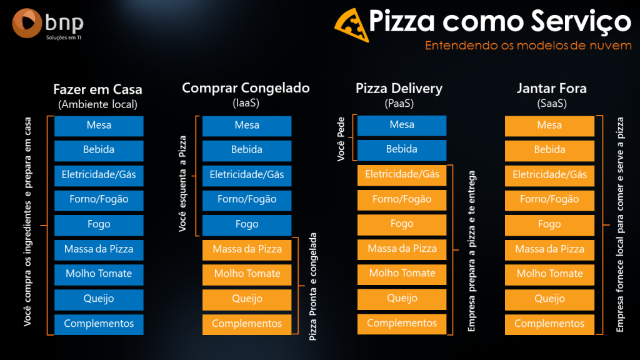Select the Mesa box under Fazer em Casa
click(99, 126)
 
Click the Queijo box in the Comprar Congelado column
click(247, 299)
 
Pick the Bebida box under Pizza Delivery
click(402, 150)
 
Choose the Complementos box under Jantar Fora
click(549, 324)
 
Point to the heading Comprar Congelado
click(246, 88)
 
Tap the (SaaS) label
click(552, 104)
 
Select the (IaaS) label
click(246, 104)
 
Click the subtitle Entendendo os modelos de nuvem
click(528, 46)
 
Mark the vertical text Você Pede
click(341, 137)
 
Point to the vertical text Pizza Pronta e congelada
click(314, 286)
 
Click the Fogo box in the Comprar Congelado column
click(247, 224)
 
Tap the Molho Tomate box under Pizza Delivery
click(402, 274)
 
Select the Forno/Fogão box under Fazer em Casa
click(99, 200)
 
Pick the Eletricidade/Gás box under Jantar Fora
click(549, 175)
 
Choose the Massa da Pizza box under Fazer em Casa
click(99, 249)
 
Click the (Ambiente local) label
click(97, 104)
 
